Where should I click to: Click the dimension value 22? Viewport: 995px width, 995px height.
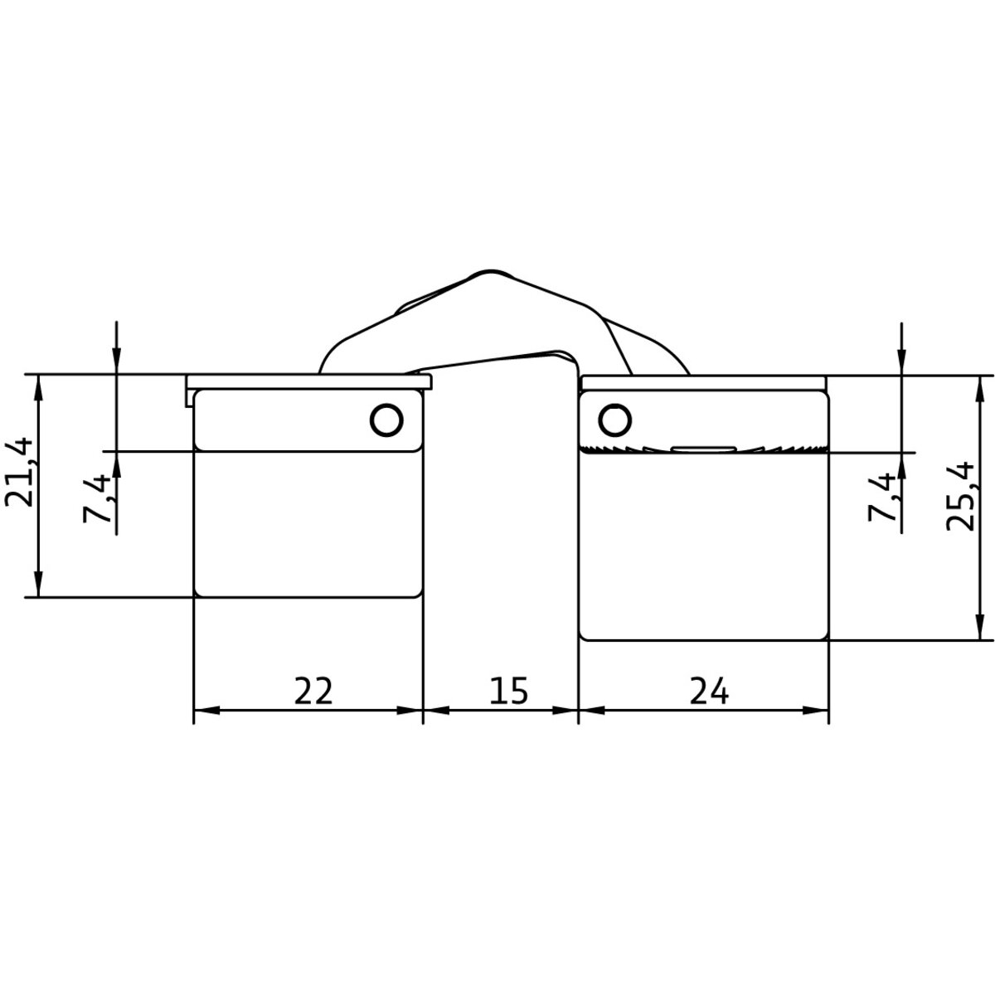tap(313, 691)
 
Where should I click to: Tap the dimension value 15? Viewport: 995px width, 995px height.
tap(508, 691)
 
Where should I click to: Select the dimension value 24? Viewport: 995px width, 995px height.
tap(709, 691)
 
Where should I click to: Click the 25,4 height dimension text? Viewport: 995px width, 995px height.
tap(959, 496)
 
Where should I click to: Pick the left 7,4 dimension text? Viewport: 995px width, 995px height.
tap(97, 498)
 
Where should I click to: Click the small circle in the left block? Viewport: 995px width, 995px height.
tap(386, 420)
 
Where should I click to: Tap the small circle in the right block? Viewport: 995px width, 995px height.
tap(614, 420)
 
